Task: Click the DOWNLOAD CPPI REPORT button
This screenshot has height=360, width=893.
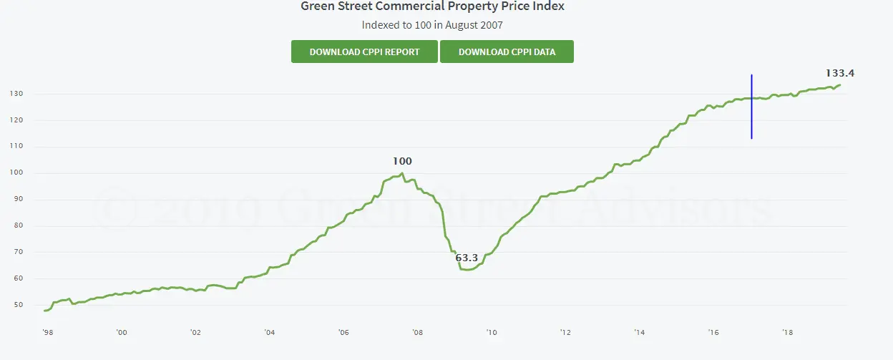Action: [x=364, y=52]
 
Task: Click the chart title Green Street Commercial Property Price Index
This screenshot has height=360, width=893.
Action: [x=432, y=6]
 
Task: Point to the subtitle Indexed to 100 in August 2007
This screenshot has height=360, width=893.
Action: [x=431, y=25]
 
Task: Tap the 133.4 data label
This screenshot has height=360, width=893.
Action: [x=840, y=73]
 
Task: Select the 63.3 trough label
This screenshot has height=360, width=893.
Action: [x=467, y=258]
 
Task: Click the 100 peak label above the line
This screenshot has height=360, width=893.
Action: [x=402, y=162]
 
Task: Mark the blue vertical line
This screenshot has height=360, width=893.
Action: [x=751, y=107]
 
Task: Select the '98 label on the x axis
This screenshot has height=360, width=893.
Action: [x=47, y=333]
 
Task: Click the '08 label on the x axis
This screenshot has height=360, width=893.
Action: [x=417, y=333]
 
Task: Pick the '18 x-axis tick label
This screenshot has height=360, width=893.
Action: [x=788, y=333]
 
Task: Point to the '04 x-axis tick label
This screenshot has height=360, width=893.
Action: [x=269, y=333]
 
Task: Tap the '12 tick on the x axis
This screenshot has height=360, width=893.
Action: [x=565, y=333]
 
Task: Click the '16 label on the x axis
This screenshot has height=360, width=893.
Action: [x=713, y=333]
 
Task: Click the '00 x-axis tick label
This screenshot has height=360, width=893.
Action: [x=121, y=333]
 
